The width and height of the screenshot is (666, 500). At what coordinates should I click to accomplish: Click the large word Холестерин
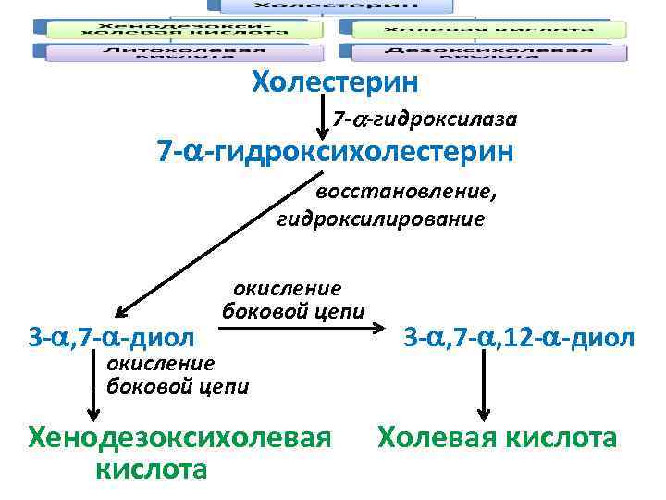[x=335, y=83]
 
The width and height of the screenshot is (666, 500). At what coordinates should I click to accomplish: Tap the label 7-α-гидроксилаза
[x=425, y=119]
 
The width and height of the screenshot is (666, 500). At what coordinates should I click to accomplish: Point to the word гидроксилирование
[x=380, y=219]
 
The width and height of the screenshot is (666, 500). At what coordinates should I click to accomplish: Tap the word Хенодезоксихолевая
[x=179, y=436]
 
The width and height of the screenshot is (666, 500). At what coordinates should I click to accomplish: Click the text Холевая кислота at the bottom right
[x=496, y=436]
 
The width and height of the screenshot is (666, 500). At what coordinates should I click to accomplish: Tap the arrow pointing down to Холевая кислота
[x=483, y=389]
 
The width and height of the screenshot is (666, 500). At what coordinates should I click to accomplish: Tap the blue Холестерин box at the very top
[x=336, y=6]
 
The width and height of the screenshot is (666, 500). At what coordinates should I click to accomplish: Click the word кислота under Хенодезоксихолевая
[x=151, y=469]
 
